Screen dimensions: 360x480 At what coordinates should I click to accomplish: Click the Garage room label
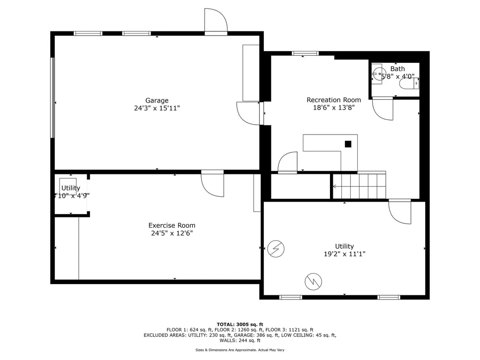click(x=157, y=100)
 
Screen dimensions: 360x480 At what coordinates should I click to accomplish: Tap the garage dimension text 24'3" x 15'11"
click(x=157, y=108)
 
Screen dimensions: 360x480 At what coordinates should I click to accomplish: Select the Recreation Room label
click(x=334, y=100)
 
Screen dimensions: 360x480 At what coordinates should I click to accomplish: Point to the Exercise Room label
click(x=172, y=225)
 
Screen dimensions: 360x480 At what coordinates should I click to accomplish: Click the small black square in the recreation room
click(x=348, y=144)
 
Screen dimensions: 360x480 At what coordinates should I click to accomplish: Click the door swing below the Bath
click(x=383, y=109)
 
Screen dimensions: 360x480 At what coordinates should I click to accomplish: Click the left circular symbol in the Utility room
click(x=276, y=249)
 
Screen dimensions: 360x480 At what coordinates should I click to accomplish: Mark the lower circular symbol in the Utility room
click(x=313, y=281)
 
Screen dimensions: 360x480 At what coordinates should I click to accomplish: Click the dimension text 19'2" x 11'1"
click(x=344, y=254)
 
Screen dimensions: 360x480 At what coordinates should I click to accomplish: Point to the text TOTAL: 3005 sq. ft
click(x=240, y=324)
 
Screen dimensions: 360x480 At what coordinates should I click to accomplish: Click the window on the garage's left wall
click(x=53, y=97)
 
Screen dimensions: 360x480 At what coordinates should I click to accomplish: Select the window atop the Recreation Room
click(x=305, y=53)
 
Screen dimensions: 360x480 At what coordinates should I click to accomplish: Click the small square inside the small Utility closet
click(x=68, y=186)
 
